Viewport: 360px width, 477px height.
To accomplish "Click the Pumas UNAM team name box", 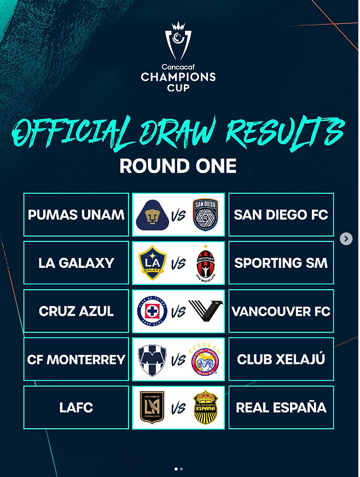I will click(76, 215).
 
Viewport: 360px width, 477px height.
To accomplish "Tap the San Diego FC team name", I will click(281, 215).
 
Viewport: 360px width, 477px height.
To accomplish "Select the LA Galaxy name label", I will click(76, 263).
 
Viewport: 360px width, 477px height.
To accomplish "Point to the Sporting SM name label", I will click(281, 263).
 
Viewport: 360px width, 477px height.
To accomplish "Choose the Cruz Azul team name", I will click(76, 311).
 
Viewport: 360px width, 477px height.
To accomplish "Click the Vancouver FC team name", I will click(281, 311).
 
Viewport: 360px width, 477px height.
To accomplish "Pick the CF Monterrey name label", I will click(76, 359).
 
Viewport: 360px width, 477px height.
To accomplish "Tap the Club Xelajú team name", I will click(281, 359).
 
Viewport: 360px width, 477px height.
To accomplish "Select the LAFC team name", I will click(76, 407).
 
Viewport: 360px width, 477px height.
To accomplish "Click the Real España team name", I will click(281, 407).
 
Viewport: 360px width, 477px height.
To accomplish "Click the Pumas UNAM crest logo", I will click(152, 215).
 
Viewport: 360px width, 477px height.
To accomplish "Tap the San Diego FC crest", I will click(206, 215).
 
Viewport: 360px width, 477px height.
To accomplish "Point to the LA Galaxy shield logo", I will click(152, 263).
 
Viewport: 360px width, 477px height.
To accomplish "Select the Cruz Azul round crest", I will click(152, 311).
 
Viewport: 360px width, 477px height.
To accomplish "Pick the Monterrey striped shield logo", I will click(152, 360).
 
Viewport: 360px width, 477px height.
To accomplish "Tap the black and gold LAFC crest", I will click(152, 408).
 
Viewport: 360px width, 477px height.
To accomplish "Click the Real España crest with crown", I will click(206, 407).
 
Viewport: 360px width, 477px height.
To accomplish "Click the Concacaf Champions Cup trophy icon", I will click(178, 41).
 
